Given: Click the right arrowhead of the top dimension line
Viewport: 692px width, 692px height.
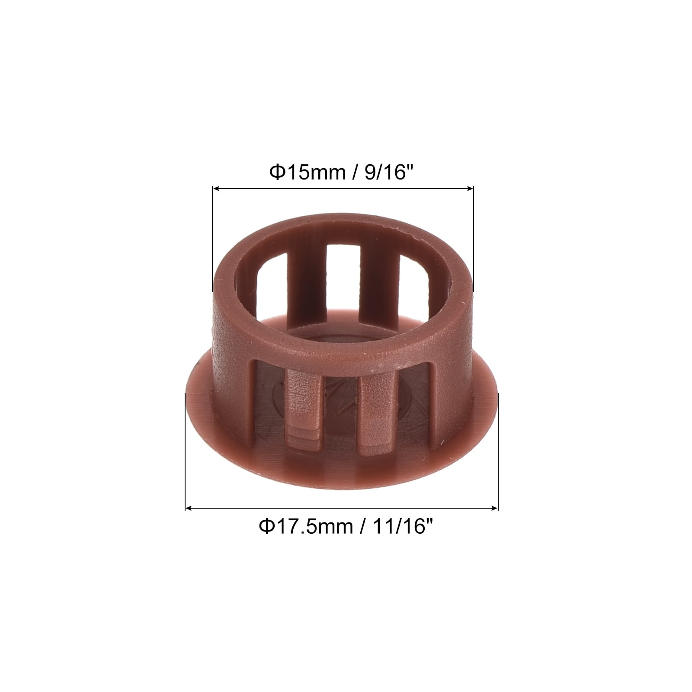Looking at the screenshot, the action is click(x=470, y=189).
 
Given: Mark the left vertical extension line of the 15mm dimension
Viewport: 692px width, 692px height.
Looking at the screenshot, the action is click(x=213, y=239).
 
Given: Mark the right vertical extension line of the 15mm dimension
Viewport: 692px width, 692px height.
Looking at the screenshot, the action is click(x=474, y=239).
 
